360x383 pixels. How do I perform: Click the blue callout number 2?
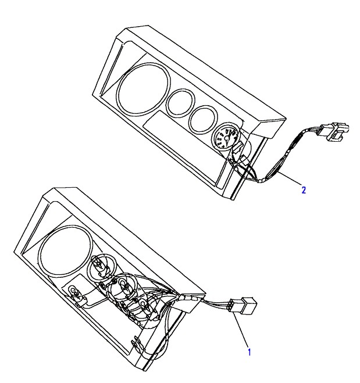[x=304, y=190]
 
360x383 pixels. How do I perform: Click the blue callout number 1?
[x=249, y=352]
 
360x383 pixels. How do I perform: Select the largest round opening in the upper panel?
[x=144, y=89]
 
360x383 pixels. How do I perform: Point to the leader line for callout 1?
[x=241, y=330]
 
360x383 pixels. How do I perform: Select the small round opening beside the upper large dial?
[x=181, y=102]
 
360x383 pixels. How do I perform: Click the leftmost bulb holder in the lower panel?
[x=75, y=293]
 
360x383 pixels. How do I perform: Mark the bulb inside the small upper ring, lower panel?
[x=98, y=265]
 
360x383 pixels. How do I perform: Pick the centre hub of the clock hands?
[x=227, y=138]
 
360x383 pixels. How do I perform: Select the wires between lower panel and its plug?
[x=216, y=303]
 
